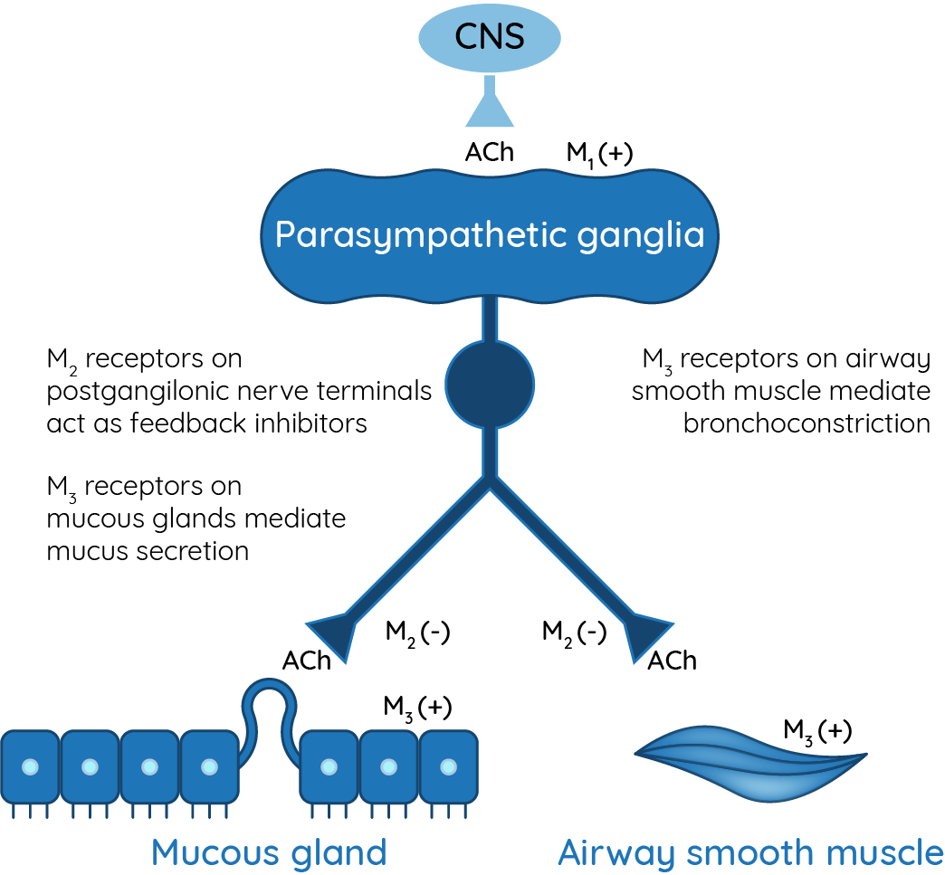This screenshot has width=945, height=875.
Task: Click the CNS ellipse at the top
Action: (x=489, y=37)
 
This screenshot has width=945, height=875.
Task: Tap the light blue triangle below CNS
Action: (x=490, y=108)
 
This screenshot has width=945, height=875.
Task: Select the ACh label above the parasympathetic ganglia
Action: (x=489, y=152)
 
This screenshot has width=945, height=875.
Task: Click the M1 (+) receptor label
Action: (x=599, y=153)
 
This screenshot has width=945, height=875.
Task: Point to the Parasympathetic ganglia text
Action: (x=490, y=235)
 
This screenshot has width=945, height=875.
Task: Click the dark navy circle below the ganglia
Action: (x=490, y=384)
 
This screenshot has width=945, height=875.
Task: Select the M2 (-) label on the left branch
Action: (x=417, y=632)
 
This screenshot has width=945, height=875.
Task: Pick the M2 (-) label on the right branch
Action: (x=574, y=632)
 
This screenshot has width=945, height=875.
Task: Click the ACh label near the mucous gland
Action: (x=307, y=661)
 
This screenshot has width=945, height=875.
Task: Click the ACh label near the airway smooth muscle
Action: (x=672, y=661)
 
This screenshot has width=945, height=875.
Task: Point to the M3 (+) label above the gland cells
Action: (x=417, y=708)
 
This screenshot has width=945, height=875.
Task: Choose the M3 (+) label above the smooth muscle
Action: (x=817, y=729)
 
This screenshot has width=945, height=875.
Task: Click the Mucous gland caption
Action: (x=269, y=851)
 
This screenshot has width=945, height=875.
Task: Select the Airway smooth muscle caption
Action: (x=750, y=851)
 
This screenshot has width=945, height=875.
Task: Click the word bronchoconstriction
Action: (x=807, y=423)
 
